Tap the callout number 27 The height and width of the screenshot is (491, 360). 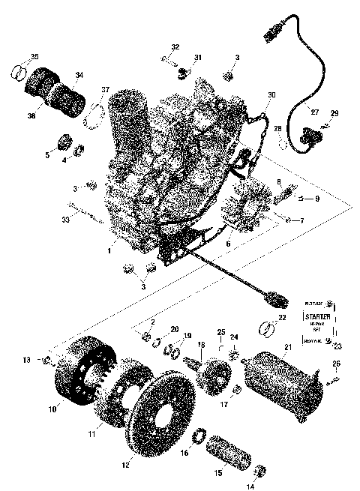click(x=315, y=112)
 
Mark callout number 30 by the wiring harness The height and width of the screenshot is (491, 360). click(x=271, y=95)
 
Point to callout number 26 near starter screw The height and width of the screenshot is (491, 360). click(x=336, y=364)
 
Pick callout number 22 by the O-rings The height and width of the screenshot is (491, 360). click(x=282, y=317)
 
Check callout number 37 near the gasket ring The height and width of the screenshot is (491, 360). click(x=106, y=91)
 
